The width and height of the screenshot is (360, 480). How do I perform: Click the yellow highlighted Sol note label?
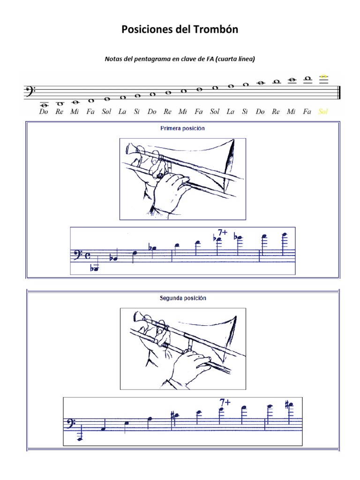pyautogui.click(x=323, y=112)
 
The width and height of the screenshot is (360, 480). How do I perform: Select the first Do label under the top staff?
pyautogui.click(x=44, y=112)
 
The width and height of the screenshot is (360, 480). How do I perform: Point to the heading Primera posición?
pyautogui.click(x=182, y=128)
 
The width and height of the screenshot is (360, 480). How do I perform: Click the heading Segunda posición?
pyautogui.click(x=182, y=298)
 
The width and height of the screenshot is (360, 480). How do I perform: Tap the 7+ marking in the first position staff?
pyautogui.click(x=223, y=232)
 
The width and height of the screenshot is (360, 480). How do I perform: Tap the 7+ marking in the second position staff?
pyautogui.click(x=225, y=402)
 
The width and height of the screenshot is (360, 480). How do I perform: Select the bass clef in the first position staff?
pyautogui.click(x=75, y=255)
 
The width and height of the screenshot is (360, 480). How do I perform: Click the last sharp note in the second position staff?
pyautogui.click(x=290, y=405)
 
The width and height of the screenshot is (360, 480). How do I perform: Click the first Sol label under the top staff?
pyautogui.click(x=107, y=112)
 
